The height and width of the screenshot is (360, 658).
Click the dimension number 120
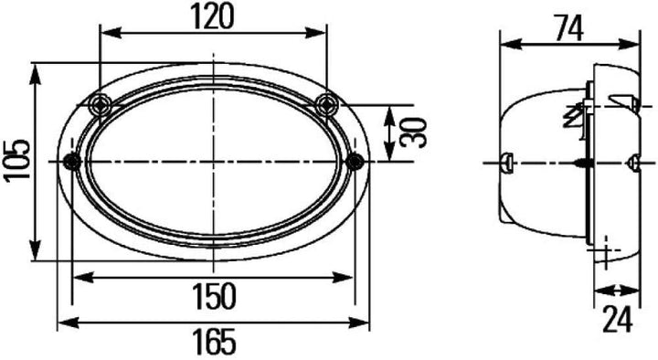(212, 16)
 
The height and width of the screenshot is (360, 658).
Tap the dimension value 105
(17, 161)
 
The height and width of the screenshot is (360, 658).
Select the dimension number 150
(214, 296)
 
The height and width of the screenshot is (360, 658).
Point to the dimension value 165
(214, 341)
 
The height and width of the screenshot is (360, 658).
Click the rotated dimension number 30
(412, 133)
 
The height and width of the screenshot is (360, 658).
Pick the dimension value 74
(569, 29)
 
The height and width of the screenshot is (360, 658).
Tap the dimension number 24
(617, 320)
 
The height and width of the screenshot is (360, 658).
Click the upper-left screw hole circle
(101, 104)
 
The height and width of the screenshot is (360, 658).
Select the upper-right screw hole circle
(326, 104)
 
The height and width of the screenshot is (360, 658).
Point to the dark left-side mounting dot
(72, 162)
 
